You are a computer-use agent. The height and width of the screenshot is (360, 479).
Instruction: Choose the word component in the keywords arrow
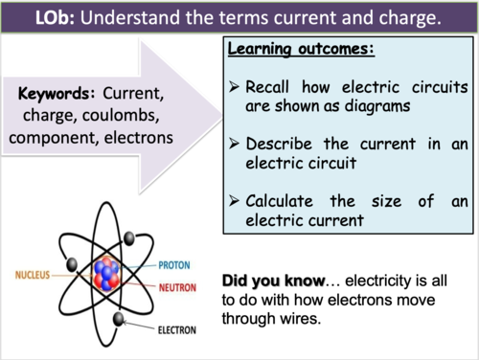pos(56,138)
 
